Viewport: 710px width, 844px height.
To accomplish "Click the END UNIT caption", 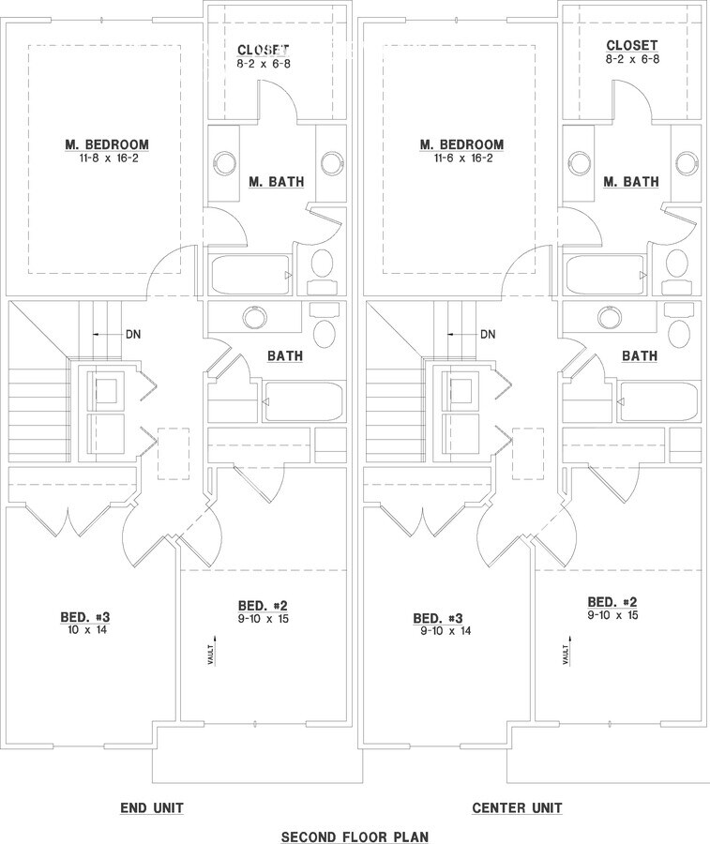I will point(151,807).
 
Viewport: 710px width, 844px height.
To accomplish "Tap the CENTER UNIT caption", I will point(517,807).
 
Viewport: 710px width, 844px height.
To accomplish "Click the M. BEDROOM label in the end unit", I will point(107,144).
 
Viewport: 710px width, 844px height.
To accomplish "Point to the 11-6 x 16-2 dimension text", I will point(461,158).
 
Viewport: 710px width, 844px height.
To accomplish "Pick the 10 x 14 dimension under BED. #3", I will point(85,630).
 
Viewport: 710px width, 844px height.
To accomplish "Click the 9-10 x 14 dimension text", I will point(440,631).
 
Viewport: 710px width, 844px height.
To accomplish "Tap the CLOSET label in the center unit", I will point(632,45).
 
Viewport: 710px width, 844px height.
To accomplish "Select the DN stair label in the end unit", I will point(133,334).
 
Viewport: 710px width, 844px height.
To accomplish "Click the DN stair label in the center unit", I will point(488,334).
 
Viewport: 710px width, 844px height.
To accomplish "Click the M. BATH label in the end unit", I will point(276,181).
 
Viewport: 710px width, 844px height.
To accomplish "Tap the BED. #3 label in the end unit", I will point(85,617).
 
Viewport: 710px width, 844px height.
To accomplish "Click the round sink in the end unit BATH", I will point(253,318).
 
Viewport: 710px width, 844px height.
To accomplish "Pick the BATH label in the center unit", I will point(639,356).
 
